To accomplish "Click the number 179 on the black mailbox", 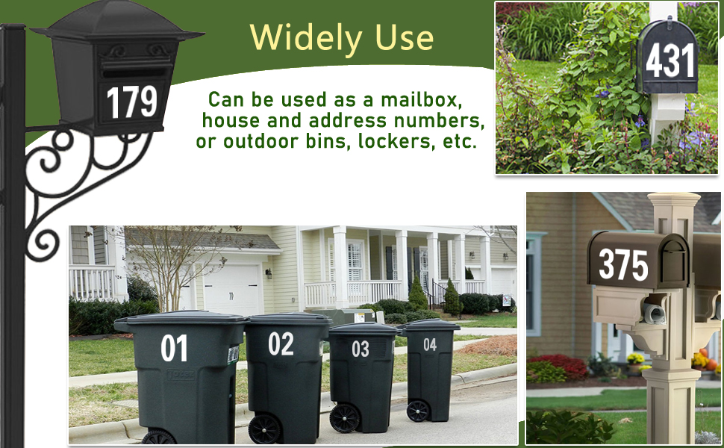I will [132, 102].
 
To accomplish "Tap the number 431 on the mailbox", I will [670, 60].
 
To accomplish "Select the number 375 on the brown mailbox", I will [623, 264].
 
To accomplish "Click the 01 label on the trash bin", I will [174, 349].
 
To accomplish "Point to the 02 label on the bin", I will [281, 344].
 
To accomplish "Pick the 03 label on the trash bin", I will [361, 349].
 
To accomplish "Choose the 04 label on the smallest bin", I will [430, 345].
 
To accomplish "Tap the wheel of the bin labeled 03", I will [346, 417].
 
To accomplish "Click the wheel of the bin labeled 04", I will [418, 411].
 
